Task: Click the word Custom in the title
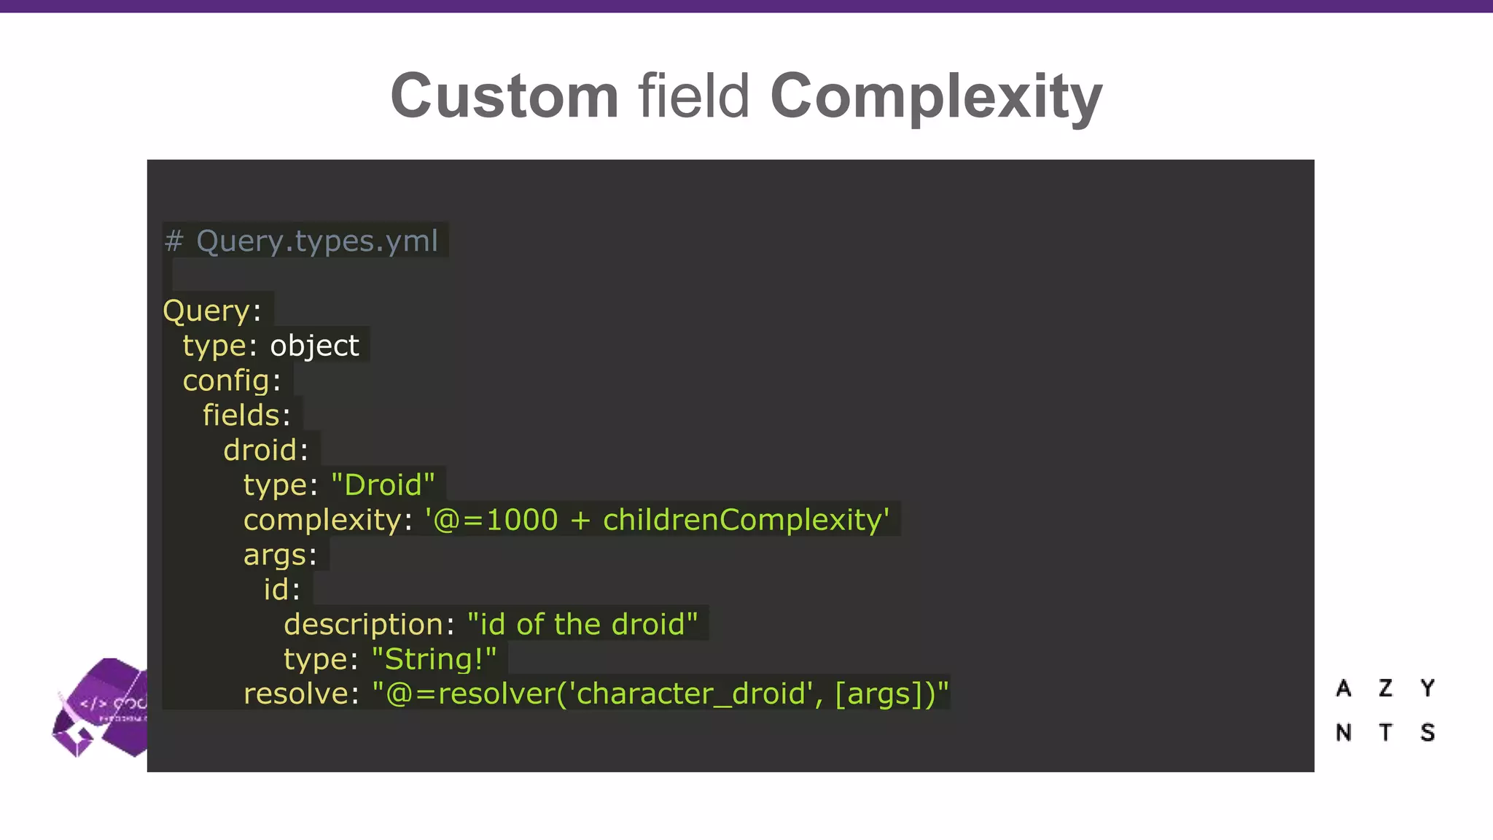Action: click(504, 96)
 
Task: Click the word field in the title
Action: click(693, 96)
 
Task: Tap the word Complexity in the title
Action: click(935, 96)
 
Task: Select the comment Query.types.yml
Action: click(316, 241)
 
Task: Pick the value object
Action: click(314, 346)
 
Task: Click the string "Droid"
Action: click(383, 486)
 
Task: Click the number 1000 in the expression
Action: click(521, 520)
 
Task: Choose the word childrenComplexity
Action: click(741, 520)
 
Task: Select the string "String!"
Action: click(434, 660)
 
